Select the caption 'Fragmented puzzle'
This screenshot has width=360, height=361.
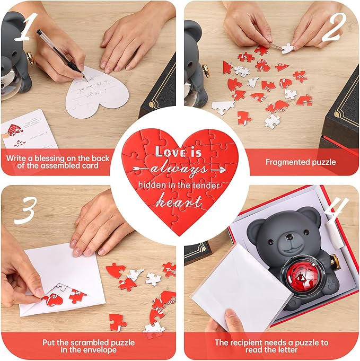300,162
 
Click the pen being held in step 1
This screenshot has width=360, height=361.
60,50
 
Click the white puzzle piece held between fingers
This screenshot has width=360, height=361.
287,48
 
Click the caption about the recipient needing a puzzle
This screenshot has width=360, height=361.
271,346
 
